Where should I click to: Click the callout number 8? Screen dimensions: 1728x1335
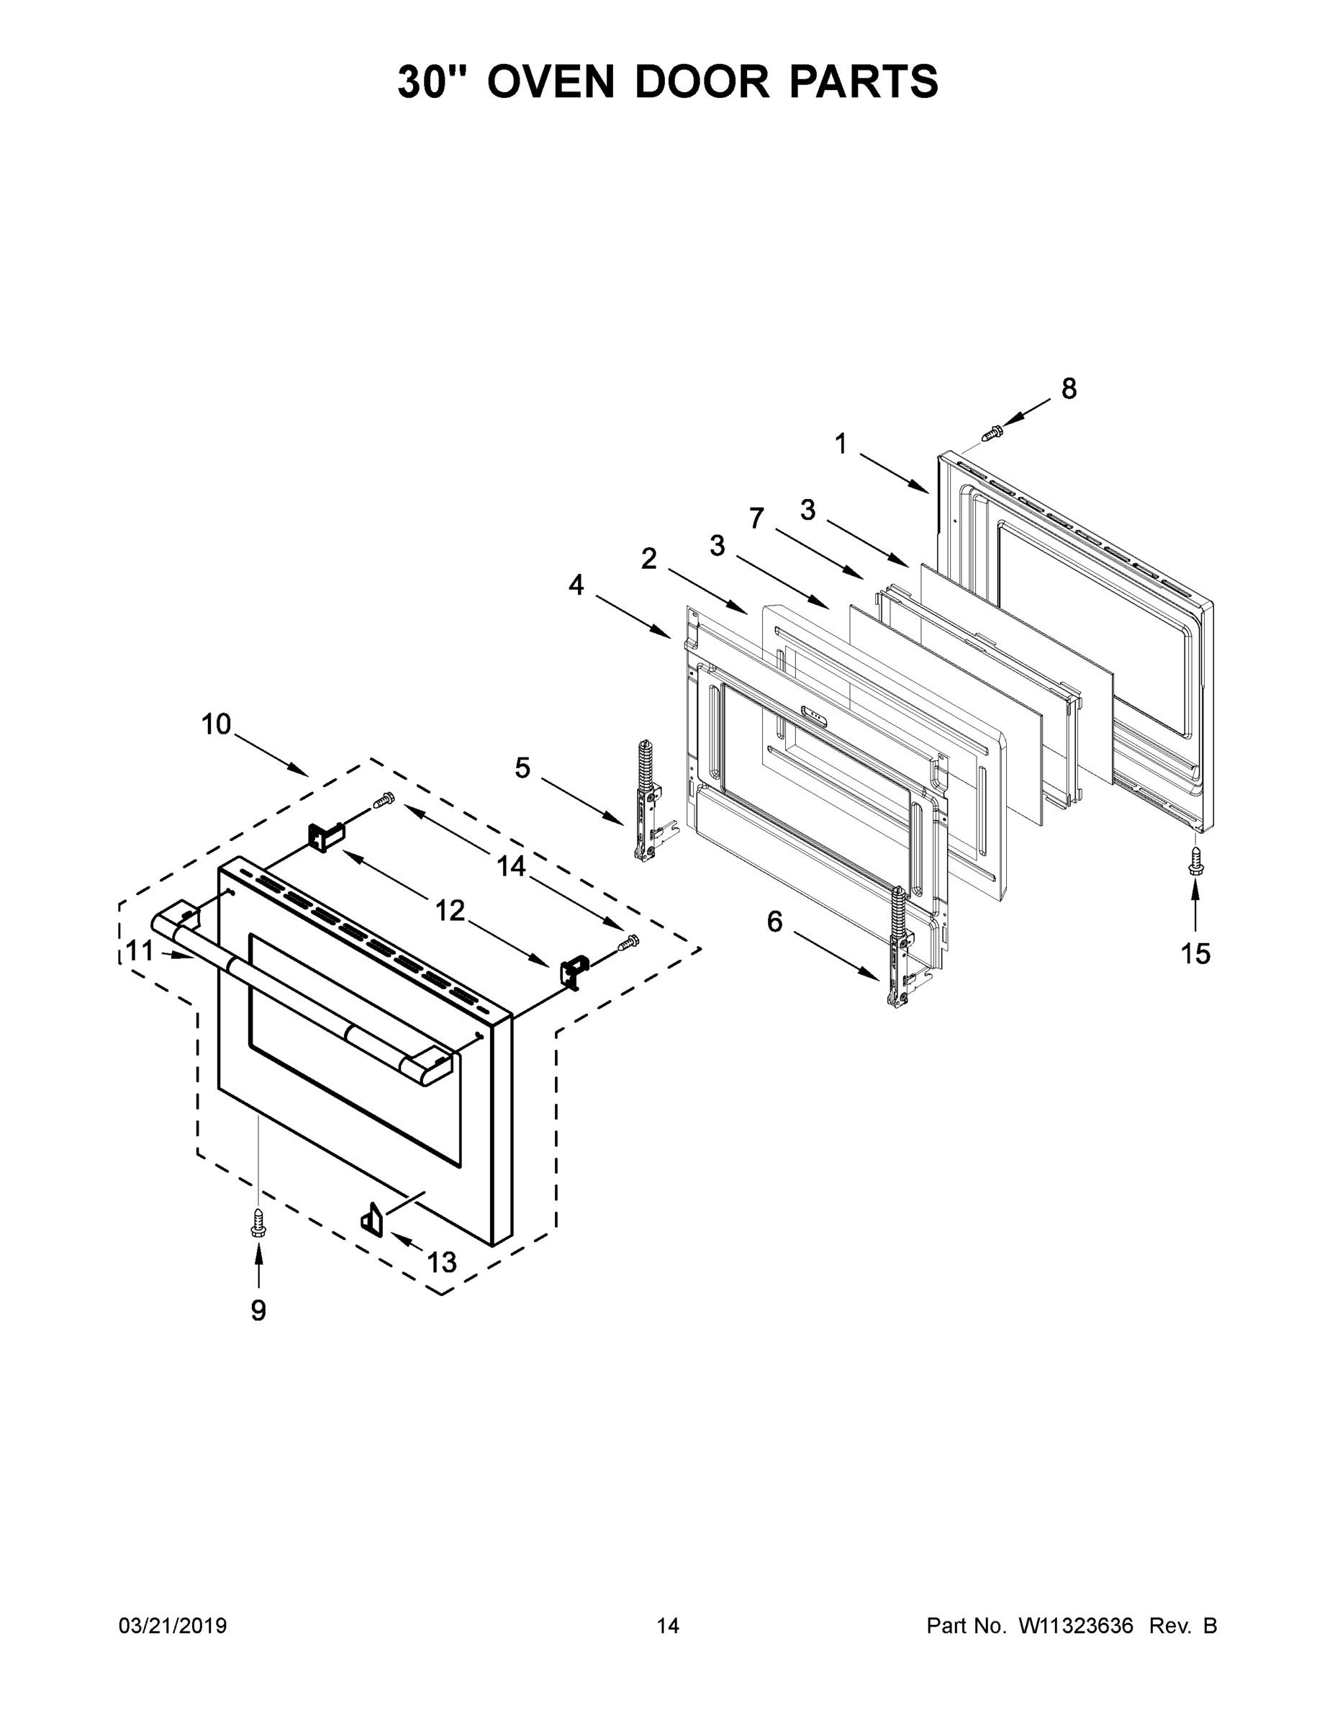pyautogui.click(x=1069, y=390)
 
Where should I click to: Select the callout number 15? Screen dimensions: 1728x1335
pyautogui.click(x=1195, y=954)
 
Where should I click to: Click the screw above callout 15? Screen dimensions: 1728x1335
pyautogui.click(x=1195, y=860)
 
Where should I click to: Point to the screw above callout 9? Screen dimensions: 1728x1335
pyautogui.click(x=258, y=1223)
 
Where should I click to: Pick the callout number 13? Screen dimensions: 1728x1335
pyautogui.click(x=441, y=1262)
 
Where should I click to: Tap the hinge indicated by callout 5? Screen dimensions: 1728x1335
pyautogui.click(x=647, y=801)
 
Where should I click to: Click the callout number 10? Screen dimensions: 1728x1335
pyautogui.click(x=216, y=724)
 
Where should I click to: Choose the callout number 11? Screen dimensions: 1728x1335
pyautogui.click(x=139, y=950)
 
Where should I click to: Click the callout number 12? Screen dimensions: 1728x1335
pyautogui.click(x=449, y=912)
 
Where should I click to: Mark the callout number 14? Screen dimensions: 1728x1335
pyautogui.click(x=511, y=866)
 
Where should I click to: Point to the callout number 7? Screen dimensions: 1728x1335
pyautogui.click(x=757, y=518)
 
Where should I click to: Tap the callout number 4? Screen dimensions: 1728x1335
pyautogui.click(x=576, y=585)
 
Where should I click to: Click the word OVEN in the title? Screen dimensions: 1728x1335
pyautogui.click(x=550, y=81)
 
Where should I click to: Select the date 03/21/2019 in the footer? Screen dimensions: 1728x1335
pyautogui.click(x=173, y=1626)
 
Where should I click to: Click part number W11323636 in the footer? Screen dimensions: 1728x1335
pyautogui.click(x=1076, y=1626)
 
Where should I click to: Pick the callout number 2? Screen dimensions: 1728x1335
pyautogui.click(x=648, y=559)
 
